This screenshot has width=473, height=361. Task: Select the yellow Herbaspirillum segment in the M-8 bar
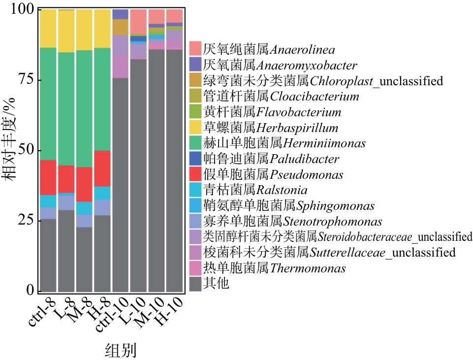[84, 30]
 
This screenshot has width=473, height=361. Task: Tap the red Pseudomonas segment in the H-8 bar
[102, 168]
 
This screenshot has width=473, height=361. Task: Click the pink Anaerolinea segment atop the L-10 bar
[138, 21]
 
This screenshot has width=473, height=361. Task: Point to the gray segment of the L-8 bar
[66, 251]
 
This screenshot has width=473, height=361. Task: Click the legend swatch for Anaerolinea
[195, 49]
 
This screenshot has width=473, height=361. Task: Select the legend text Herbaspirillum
[297, 128]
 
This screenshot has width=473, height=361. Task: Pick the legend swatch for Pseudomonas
[195, 174]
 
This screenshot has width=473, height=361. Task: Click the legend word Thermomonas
[315, 268]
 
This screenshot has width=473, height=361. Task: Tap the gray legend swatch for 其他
[195, 284]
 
